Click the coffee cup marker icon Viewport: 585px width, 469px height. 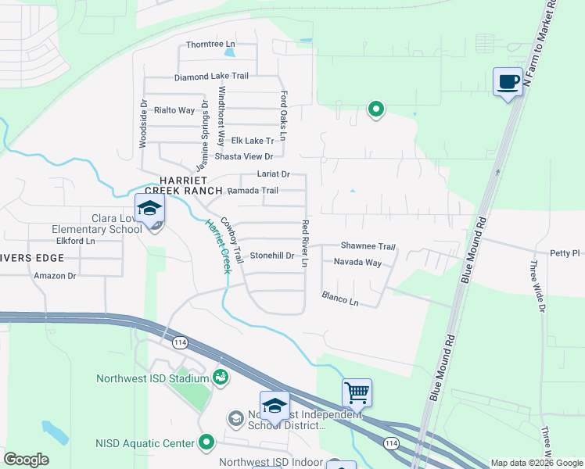(508, 81)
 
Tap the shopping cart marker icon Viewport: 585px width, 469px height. (357, 392)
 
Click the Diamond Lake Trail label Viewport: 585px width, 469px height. (211, 77)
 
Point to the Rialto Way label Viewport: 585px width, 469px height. (174, 110)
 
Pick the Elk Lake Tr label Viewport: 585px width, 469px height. (253, 141)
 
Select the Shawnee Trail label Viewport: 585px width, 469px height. (368, 246)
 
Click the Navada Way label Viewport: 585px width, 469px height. (357, 263)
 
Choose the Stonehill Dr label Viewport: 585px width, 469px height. (271, 256)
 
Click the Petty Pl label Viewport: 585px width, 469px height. (565, 252)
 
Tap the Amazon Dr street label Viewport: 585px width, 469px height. (55, 275)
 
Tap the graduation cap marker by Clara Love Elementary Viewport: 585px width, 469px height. (149, 209)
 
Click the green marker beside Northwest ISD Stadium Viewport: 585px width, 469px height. (221, 378)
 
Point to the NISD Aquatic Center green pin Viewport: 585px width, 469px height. (206, 442)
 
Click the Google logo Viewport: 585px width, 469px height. (26, 460)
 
